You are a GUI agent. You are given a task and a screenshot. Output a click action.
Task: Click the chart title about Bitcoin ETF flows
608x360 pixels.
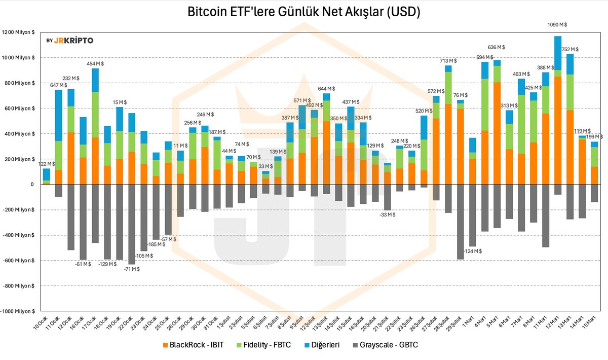[304, 12]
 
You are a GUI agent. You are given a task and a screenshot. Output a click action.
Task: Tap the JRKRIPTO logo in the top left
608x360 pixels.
[69, 41]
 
